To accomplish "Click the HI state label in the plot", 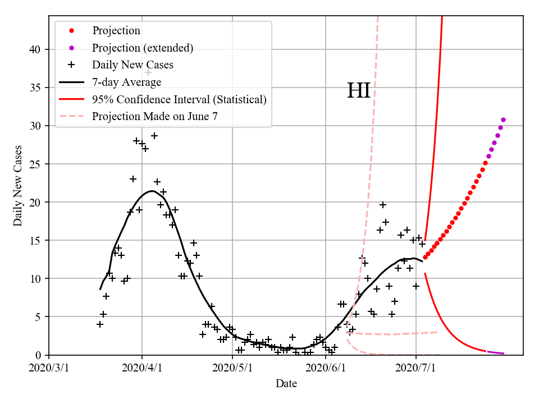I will [359, 91].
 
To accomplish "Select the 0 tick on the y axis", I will [39, 355].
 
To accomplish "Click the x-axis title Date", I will [286, 384].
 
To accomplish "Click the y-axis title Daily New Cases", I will [18, 186].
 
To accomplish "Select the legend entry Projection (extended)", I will [143, 48].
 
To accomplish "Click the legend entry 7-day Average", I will [127, 82].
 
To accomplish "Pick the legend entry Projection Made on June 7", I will [155, 117].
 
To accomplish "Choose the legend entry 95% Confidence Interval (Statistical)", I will [179, 100].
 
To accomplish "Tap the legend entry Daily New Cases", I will [133, 65].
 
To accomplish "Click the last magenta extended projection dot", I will [503, 120].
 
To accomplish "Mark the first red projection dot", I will [425, 257].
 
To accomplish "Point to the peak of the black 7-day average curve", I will [152, 191].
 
